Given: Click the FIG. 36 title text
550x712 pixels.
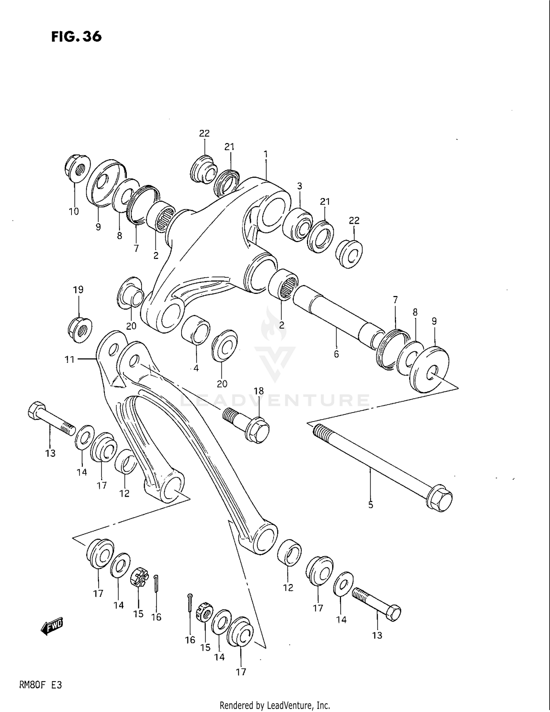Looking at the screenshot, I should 76,36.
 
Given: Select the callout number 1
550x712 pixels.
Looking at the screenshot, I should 265,154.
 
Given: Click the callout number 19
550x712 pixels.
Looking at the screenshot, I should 78,290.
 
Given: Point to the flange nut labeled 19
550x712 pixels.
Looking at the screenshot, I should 80,330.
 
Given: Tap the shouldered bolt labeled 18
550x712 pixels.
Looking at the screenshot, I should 249,425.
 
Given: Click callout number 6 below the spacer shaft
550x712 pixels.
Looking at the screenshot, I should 336,354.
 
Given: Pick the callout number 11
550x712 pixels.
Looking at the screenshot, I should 70,359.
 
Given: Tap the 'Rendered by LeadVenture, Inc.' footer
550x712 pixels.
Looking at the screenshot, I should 275,705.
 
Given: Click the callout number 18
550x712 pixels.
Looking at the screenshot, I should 259,391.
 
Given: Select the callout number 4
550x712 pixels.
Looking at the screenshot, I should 196,368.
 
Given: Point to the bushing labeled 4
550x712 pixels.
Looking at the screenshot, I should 195,330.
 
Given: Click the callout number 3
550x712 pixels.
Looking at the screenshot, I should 300,186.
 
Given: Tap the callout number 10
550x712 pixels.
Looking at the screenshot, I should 74,211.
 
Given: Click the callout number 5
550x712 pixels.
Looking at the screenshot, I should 371,505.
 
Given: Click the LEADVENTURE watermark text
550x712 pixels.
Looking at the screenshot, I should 275,400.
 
